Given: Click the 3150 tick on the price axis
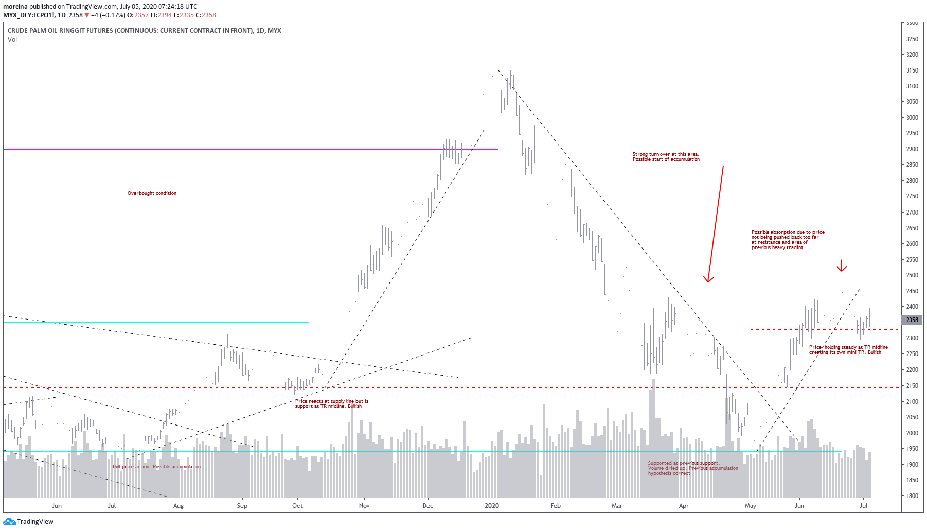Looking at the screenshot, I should coord(912,70).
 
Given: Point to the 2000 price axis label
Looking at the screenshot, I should coord(912,433).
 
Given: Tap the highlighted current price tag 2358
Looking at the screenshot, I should coord(912,320).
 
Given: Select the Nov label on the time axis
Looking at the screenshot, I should coord(364,506).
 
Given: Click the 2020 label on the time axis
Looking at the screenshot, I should coord(492,506).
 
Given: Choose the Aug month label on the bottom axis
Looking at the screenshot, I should coord(179,506).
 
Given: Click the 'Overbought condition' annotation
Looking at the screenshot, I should coord(152,193).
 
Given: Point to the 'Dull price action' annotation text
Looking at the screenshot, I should coord(156,467).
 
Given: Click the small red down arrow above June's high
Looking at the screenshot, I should coord(842,266).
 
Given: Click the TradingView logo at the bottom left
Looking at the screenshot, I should coord(28,522).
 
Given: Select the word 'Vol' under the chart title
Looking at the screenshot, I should coord(12,40).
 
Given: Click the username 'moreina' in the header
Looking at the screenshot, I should coord(15,7).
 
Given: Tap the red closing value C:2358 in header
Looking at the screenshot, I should coord(206,15).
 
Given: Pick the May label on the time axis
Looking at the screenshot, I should coord(750,506).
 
